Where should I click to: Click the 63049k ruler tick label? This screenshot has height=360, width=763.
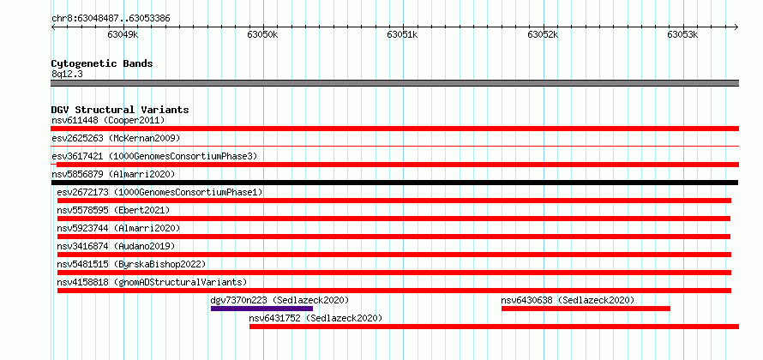(x=123, y=34)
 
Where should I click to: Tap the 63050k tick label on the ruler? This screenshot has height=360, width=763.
(x=263, y=34)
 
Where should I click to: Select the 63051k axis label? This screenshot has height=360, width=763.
(x=402, y=34)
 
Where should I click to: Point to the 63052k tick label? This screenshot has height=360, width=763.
(x=543, y=34)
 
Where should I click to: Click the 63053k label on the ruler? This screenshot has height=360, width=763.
(x=682, y=34)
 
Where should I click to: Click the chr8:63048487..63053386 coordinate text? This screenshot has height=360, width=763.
(x=111, y=19)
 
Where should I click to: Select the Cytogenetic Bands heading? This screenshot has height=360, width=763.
(x=102, y=63)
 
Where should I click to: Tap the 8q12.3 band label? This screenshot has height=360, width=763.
(x=67, y=74)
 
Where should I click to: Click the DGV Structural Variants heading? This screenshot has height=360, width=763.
(x=120, y=110)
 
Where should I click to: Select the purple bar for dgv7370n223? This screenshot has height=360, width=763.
(x=261, y=309)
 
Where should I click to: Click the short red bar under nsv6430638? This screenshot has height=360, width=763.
(x=586, y=309)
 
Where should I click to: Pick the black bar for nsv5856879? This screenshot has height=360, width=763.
(x=394, y=183)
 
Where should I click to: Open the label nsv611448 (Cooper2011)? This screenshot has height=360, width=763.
(x=108, y=120)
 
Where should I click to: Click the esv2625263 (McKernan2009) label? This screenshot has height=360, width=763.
(x=116, y=138)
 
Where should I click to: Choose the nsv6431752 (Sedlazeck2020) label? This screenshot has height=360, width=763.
(x=315, y=318)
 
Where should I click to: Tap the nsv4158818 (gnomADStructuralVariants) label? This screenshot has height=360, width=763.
(x=152, y=282)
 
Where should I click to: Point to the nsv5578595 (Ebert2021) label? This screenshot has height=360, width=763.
(x=113, y=210)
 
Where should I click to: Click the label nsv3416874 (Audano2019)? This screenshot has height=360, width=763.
(x=116, y=246)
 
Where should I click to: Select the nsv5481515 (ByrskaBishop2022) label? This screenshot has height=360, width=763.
(x=131, y=264)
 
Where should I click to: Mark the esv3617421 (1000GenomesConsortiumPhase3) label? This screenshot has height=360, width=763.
(x=154, y=156)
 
